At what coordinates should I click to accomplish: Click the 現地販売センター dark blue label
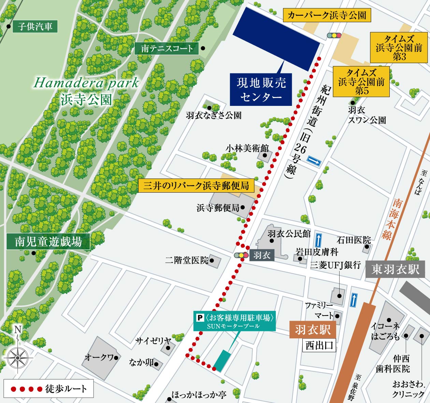click(261, 89)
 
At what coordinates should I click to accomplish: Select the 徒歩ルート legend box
click(48, 389)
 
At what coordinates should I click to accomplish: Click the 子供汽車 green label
click(35, 27)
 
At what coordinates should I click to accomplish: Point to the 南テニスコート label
click(167, 48)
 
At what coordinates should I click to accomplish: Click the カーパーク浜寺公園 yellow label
click(327, 15)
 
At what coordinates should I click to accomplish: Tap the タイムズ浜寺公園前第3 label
click(399, 48)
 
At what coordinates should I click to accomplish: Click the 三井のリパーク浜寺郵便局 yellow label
click(196, 186)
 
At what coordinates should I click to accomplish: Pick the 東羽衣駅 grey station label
click(395, 269)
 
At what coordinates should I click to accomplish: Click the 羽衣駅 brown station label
click(313, 330)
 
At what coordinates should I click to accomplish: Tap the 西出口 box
click(319, 345)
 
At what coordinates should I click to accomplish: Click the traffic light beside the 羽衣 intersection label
click(241, 255)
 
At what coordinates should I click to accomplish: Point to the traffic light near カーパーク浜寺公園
click(334, 35)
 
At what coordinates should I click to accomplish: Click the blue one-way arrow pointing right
click(314, 161)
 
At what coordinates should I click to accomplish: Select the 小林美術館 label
click(247, 149)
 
